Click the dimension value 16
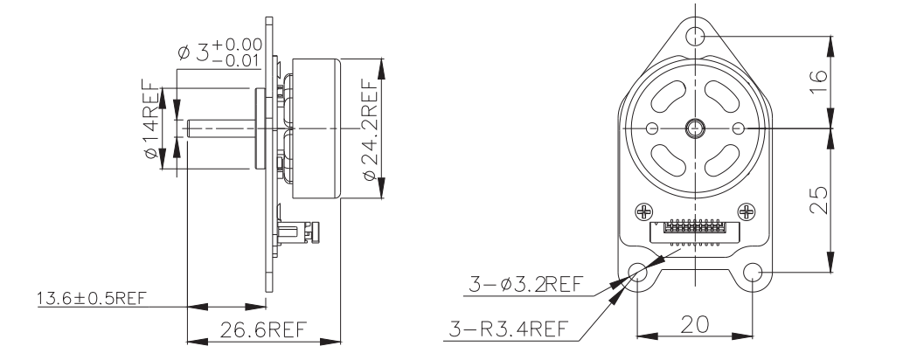click(816, 81)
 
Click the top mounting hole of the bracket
click(696, 36)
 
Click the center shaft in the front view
click(696, 128)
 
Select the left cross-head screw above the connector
click(644, 211)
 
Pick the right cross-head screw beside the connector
click(747, 211)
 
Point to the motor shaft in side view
click(219, 128)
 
